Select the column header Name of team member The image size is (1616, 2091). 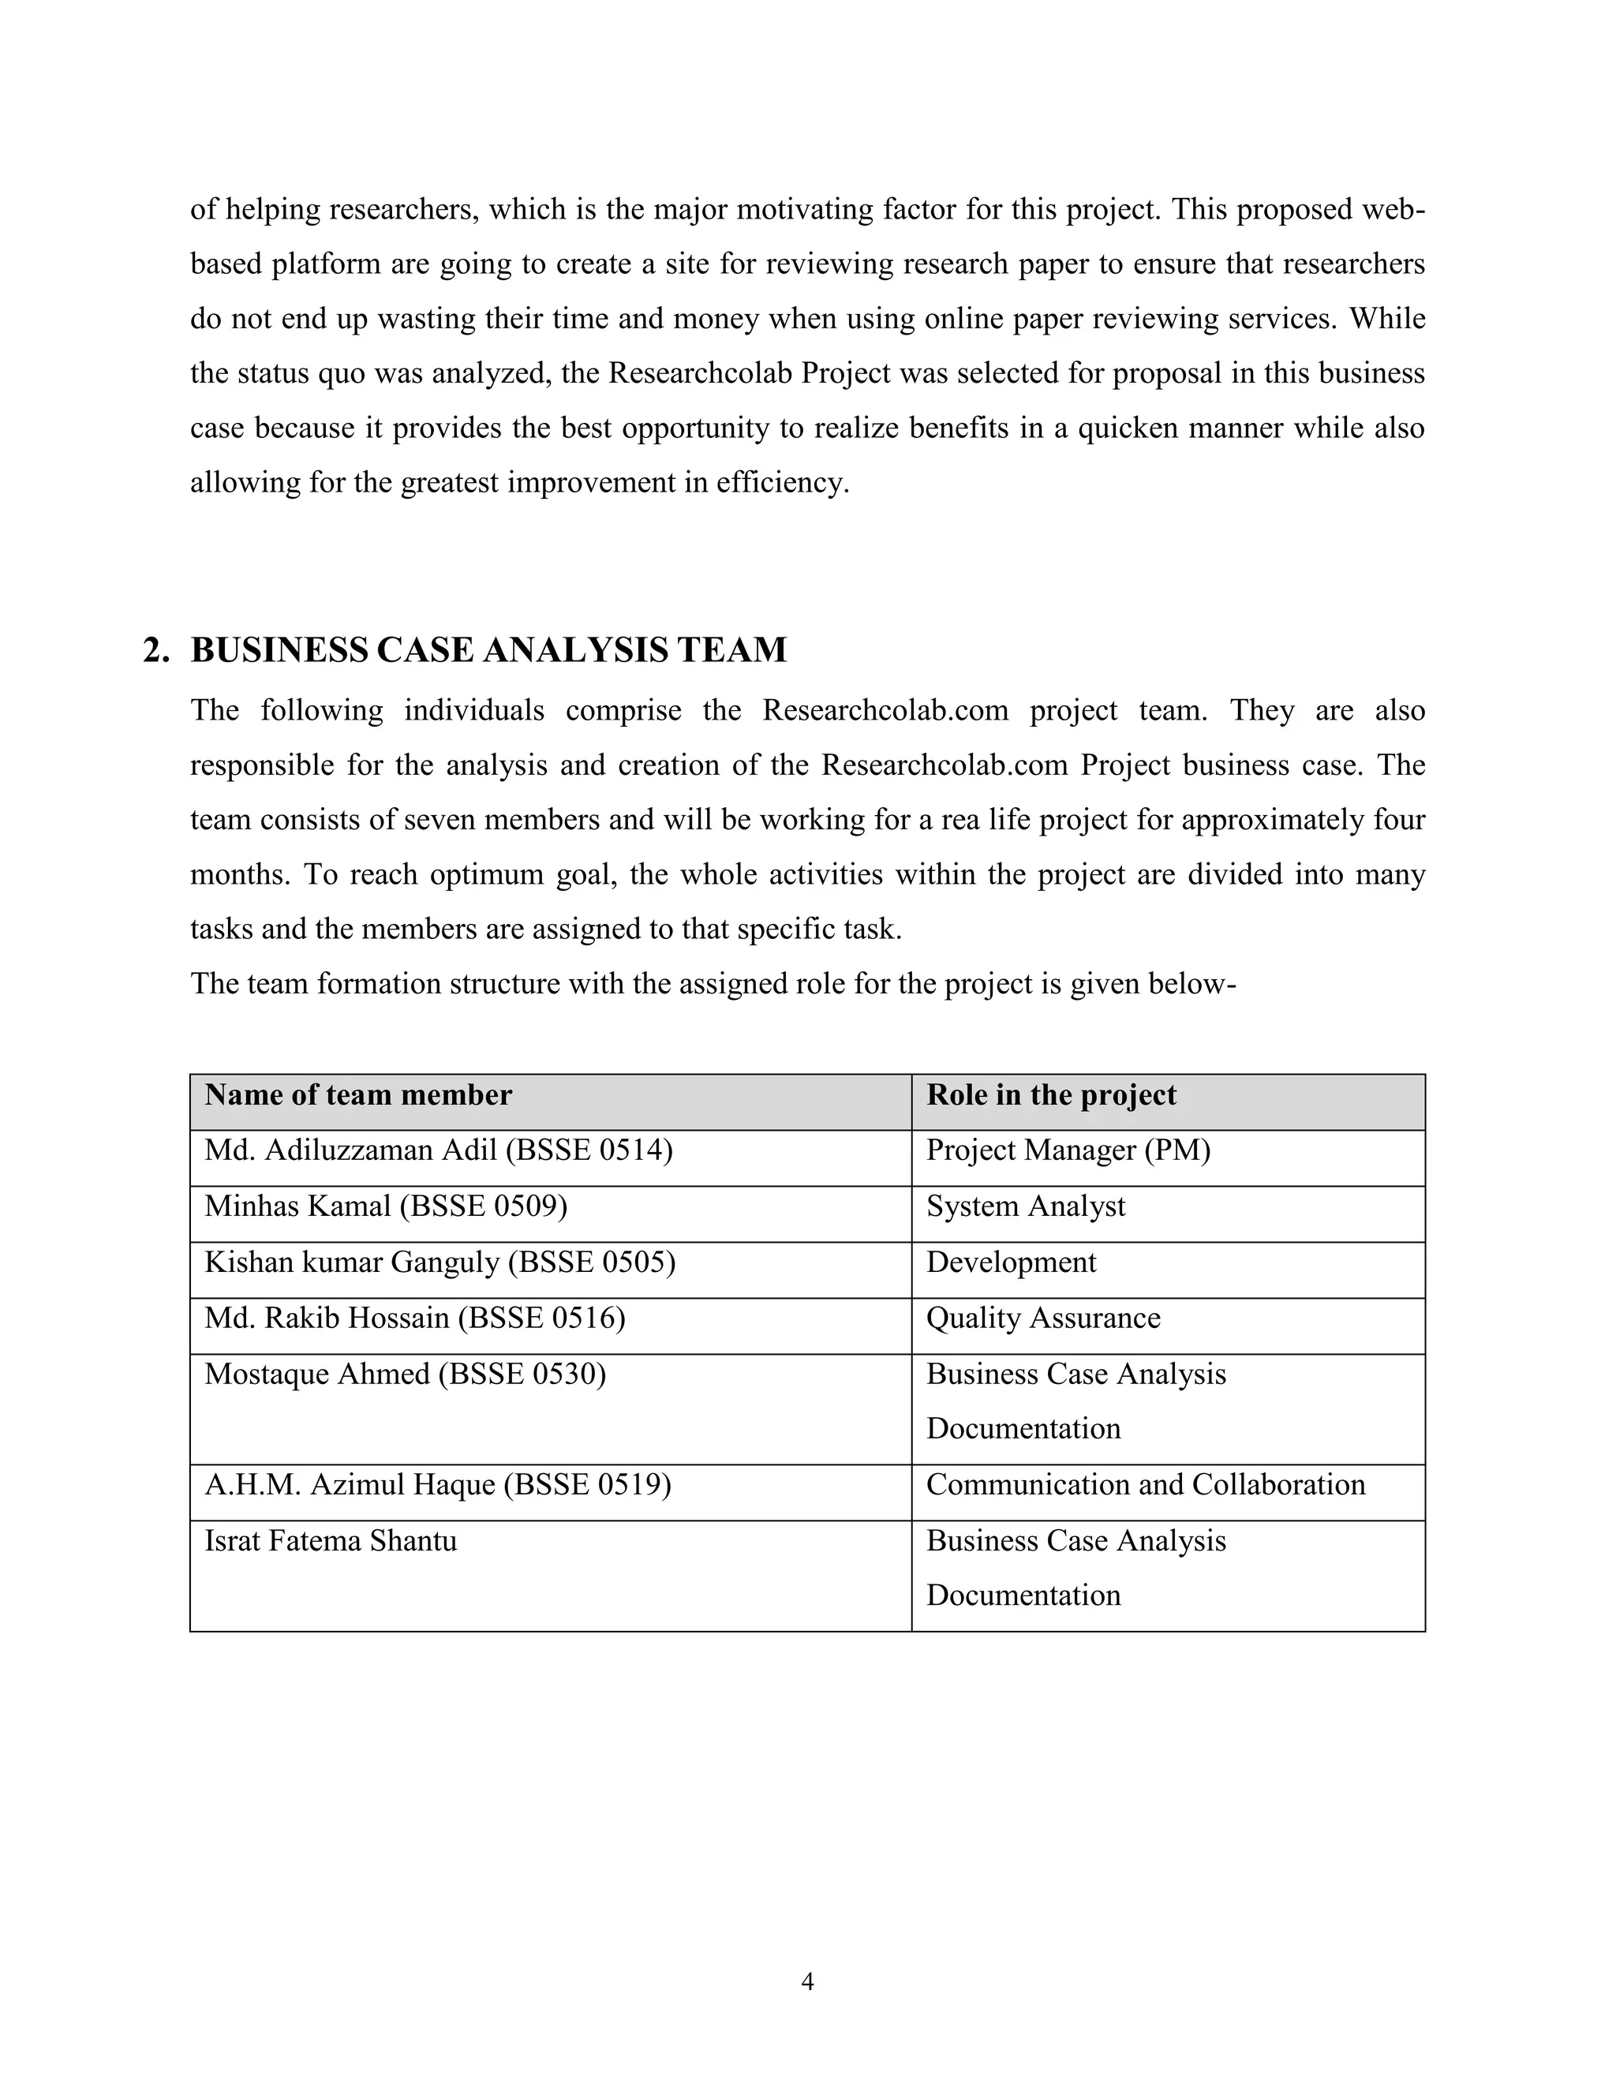(x=358, y=1095)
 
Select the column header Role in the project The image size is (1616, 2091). (x=1050, y=1095)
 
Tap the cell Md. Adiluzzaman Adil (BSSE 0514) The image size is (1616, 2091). (x=439, y=1150)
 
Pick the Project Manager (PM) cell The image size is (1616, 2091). (x=1068, y=1150)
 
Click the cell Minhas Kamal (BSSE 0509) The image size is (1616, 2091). (x=386, y=1206)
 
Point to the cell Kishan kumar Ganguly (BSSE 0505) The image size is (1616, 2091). (x=440, y=1262)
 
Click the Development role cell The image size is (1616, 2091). (x=1011, y=1262)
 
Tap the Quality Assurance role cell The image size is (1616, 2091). (x=1042, y=1319)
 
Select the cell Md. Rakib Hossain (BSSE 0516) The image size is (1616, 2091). (x=414, y=1319)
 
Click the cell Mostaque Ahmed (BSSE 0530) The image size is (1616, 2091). (x=405, y=1375)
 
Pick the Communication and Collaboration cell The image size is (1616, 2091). (x=1145, y=1485)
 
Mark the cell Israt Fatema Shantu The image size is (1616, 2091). (x=331, y=1542)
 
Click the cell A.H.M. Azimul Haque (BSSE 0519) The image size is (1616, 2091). (x=437, y=1485)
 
